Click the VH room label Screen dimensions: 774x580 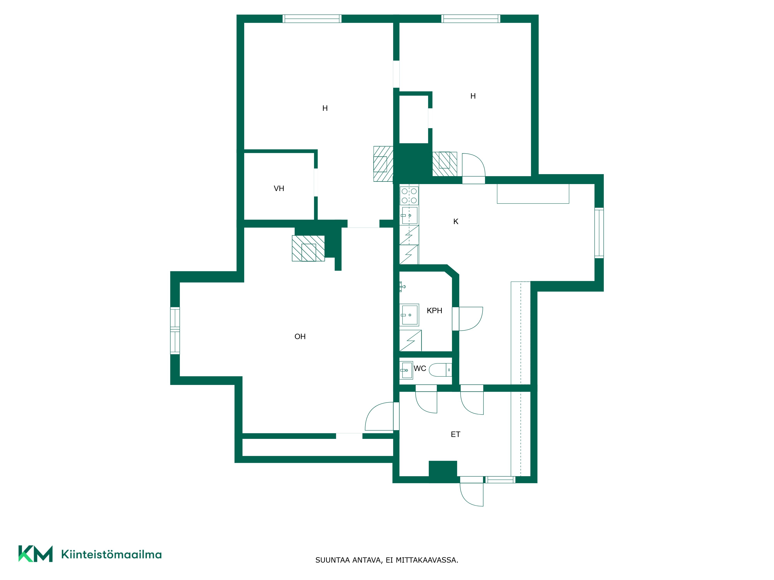click(279, 189)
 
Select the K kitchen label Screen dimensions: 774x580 click(455, 222)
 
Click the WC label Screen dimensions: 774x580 click(420, 368)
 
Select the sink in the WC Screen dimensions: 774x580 click(406, 370)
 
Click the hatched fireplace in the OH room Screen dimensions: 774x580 click(308, 248)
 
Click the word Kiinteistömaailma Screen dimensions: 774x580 click(111, 554)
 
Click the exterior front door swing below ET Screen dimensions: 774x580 click(472, 495)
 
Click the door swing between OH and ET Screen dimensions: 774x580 click(379, 416)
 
